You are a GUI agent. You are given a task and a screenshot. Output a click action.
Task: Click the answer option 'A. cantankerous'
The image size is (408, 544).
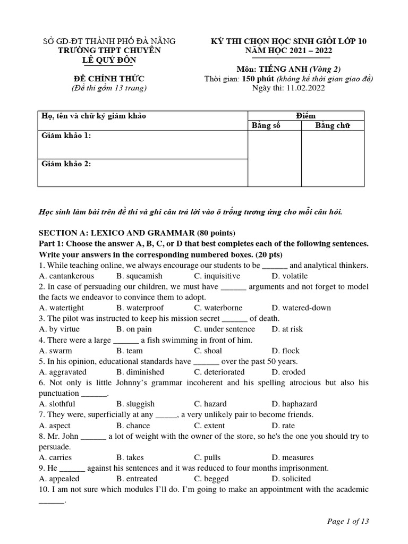coord(66,276)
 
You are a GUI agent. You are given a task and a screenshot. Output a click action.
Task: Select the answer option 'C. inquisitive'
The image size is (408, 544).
coord(217,276)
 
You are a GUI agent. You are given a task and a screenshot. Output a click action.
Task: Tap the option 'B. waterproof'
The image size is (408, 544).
coord(140,308)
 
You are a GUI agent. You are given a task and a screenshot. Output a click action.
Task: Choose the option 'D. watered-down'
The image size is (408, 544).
coord(301,308)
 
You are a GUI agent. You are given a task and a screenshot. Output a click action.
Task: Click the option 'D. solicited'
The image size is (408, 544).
coord(291,479)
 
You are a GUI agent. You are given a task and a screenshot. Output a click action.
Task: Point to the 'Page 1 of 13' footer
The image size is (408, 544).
coord(347,521)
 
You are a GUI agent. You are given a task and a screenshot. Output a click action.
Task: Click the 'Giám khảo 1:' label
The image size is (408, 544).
coord(66,136)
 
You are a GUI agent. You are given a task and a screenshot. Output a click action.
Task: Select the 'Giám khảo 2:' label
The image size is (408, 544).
coord(66,164)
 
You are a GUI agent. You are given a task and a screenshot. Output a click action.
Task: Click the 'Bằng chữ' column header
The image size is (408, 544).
coord(333,125)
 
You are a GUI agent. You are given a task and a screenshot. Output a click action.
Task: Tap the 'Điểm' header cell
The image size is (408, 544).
coord(306,115)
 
